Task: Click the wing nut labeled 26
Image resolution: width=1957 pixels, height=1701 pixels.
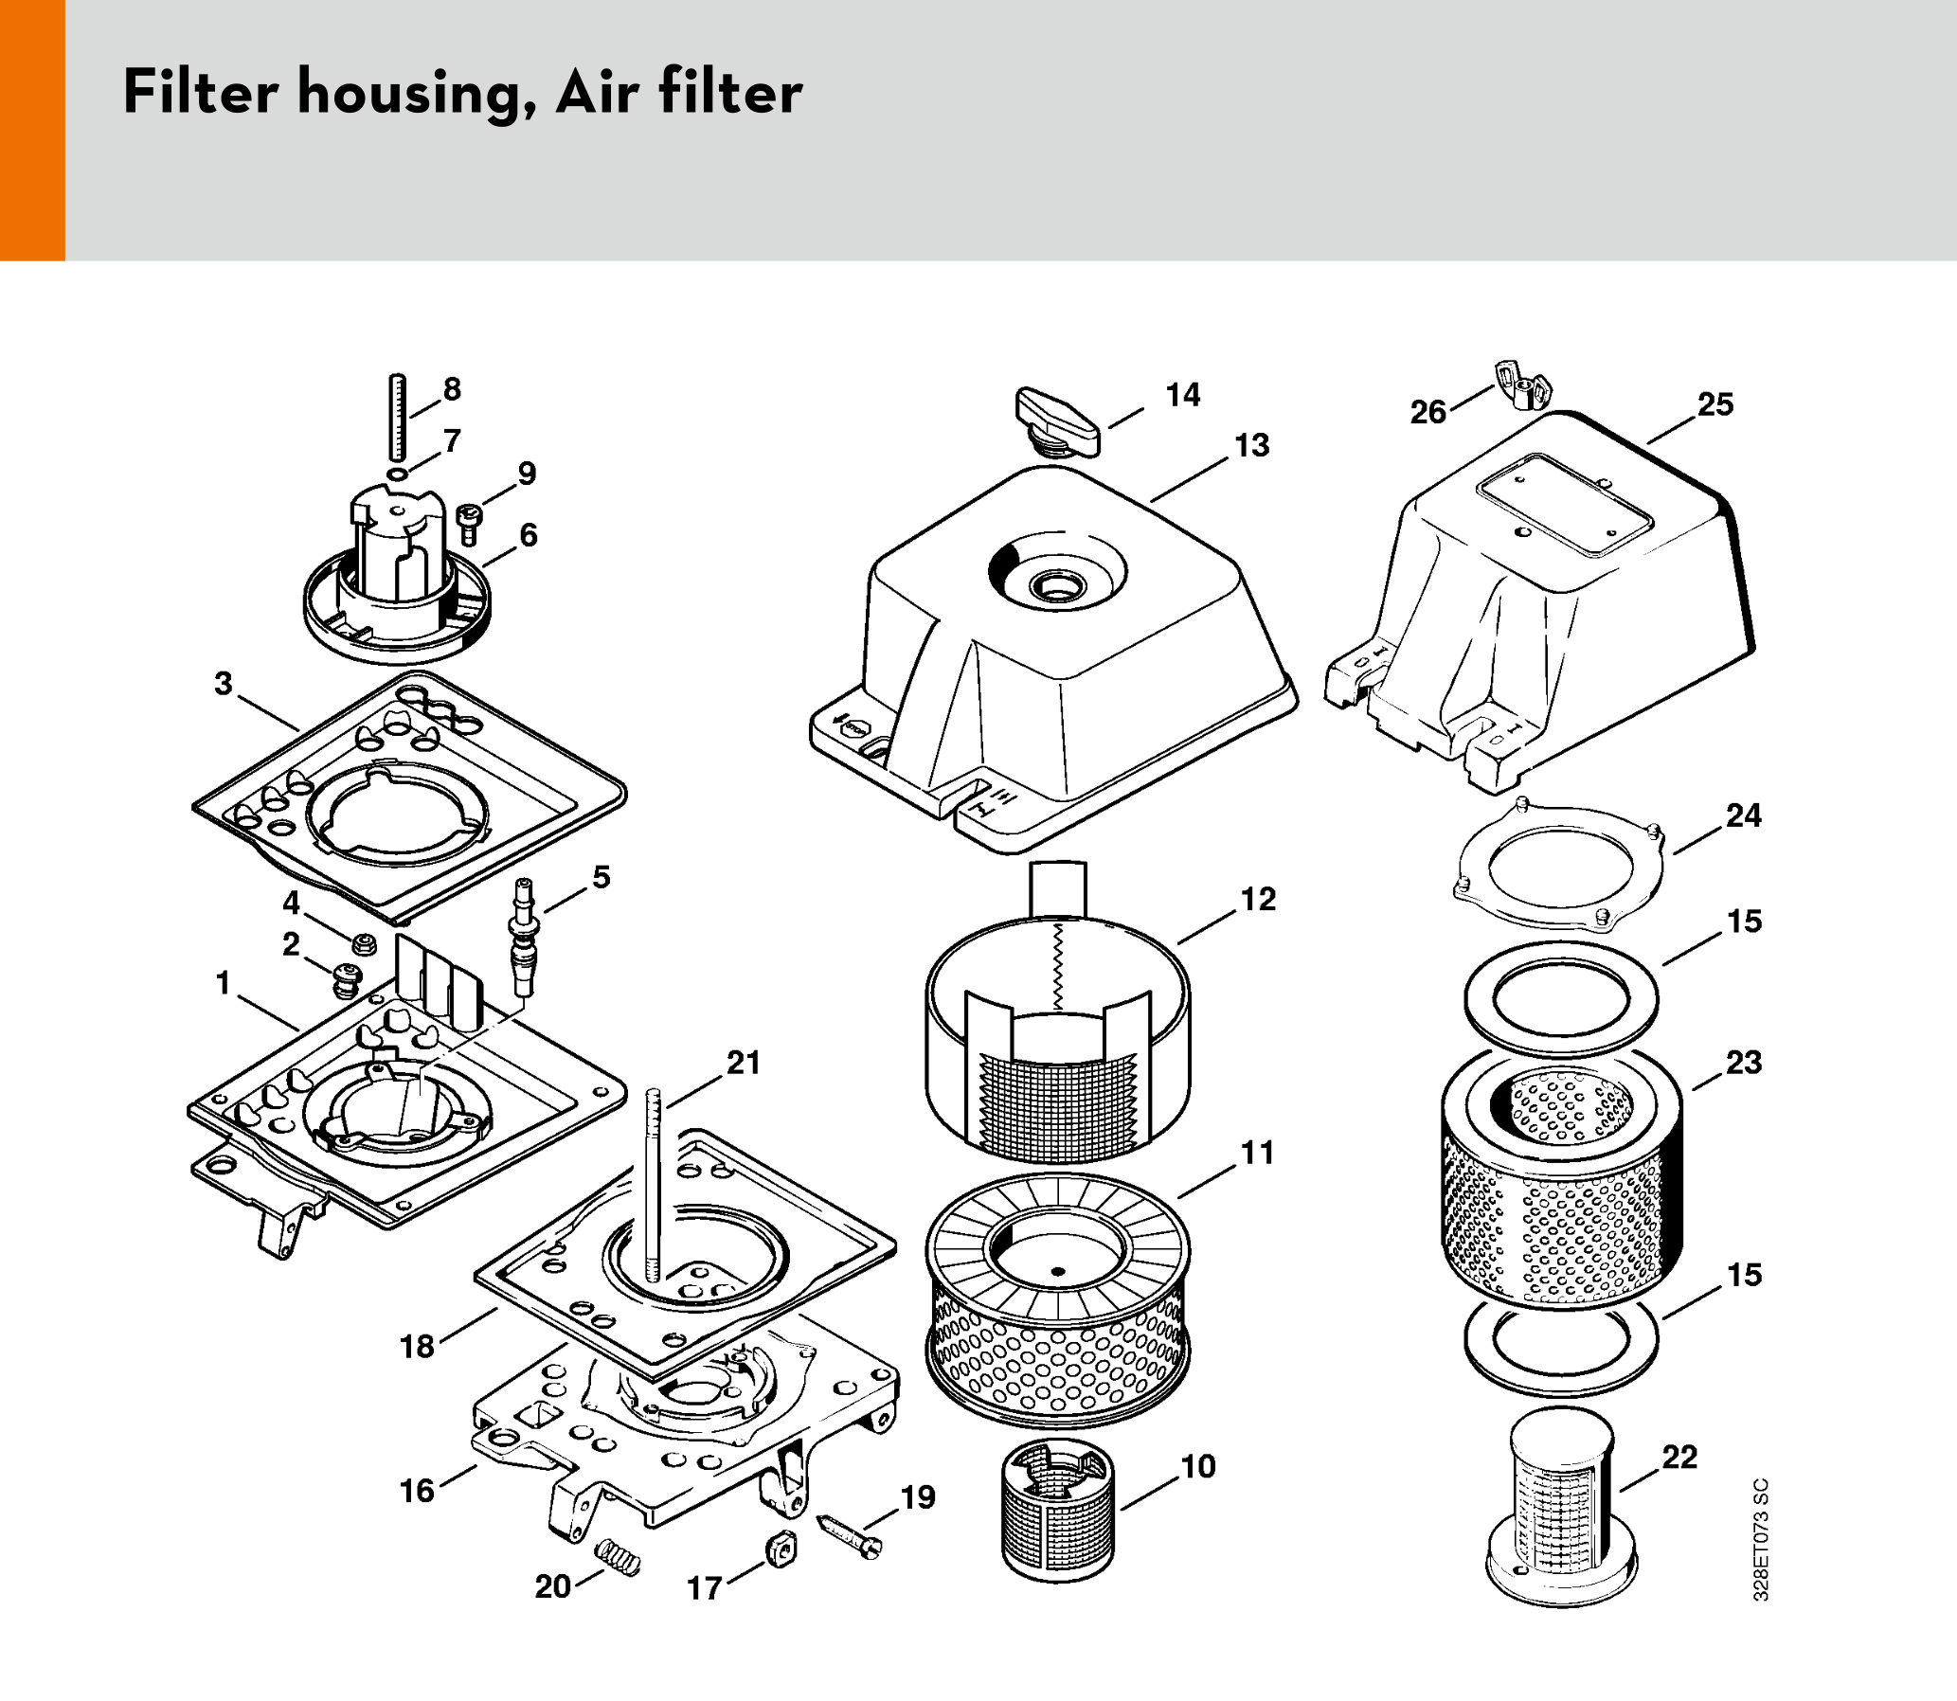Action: (1523, 386)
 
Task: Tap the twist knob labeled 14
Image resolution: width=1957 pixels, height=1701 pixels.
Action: (1057, 422)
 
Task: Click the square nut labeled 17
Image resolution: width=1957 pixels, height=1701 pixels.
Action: (781, 1551)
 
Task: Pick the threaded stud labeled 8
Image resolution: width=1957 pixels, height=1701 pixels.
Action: (397, 418)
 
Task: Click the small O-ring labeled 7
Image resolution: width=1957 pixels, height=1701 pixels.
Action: (397, 474)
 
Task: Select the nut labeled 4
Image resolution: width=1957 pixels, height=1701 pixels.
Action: (362, 944)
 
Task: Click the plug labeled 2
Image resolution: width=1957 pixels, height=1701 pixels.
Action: (348, 979)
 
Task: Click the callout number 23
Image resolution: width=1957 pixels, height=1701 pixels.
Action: (1743, 1062)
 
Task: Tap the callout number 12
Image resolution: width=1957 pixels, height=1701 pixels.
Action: (1258, 899)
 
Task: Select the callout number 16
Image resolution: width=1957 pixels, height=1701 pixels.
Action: (417, 1491)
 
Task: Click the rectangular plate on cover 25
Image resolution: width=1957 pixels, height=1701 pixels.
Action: (1565, 504)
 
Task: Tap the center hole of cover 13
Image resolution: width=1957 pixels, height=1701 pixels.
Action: (1056, 586)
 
